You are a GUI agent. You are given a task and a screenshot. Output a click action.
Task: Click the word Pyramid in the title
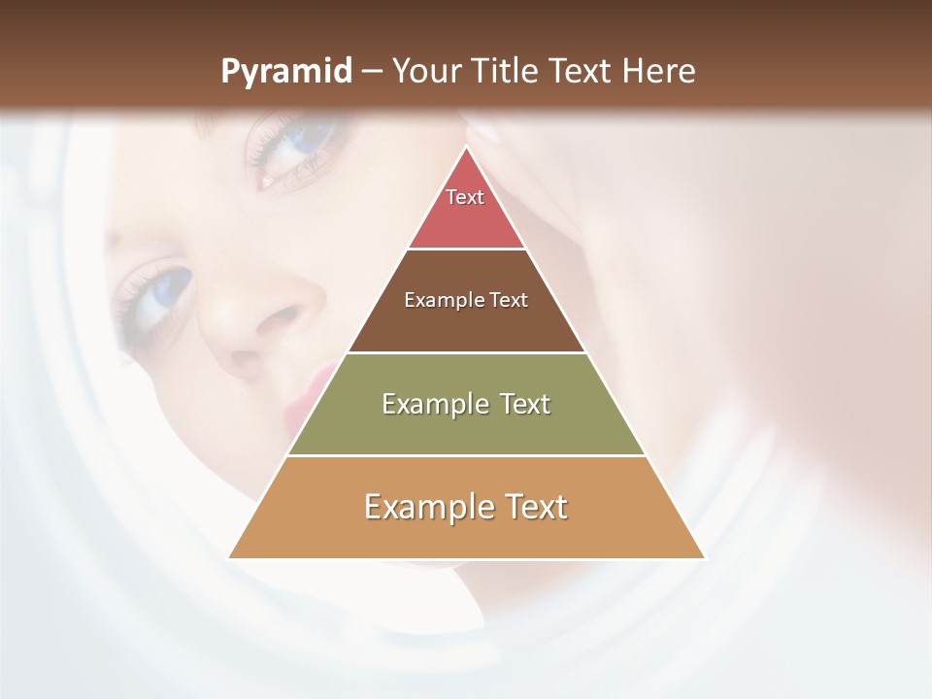point(286,72)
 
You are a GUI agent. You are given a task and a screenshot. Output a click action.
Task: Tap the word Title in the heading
point(513,72)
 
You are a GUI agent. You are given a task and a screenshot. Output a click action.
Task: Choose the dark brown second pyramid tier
point(466,325)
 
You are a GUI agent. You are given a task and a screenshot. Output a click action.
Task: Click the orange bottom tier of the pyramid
point(466,534)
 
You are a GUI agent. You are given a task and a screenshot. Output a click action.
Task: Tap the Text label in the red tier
point(465,197)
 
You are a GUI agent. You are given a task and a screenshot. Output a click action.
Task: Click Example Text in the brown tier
point(466,300)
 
